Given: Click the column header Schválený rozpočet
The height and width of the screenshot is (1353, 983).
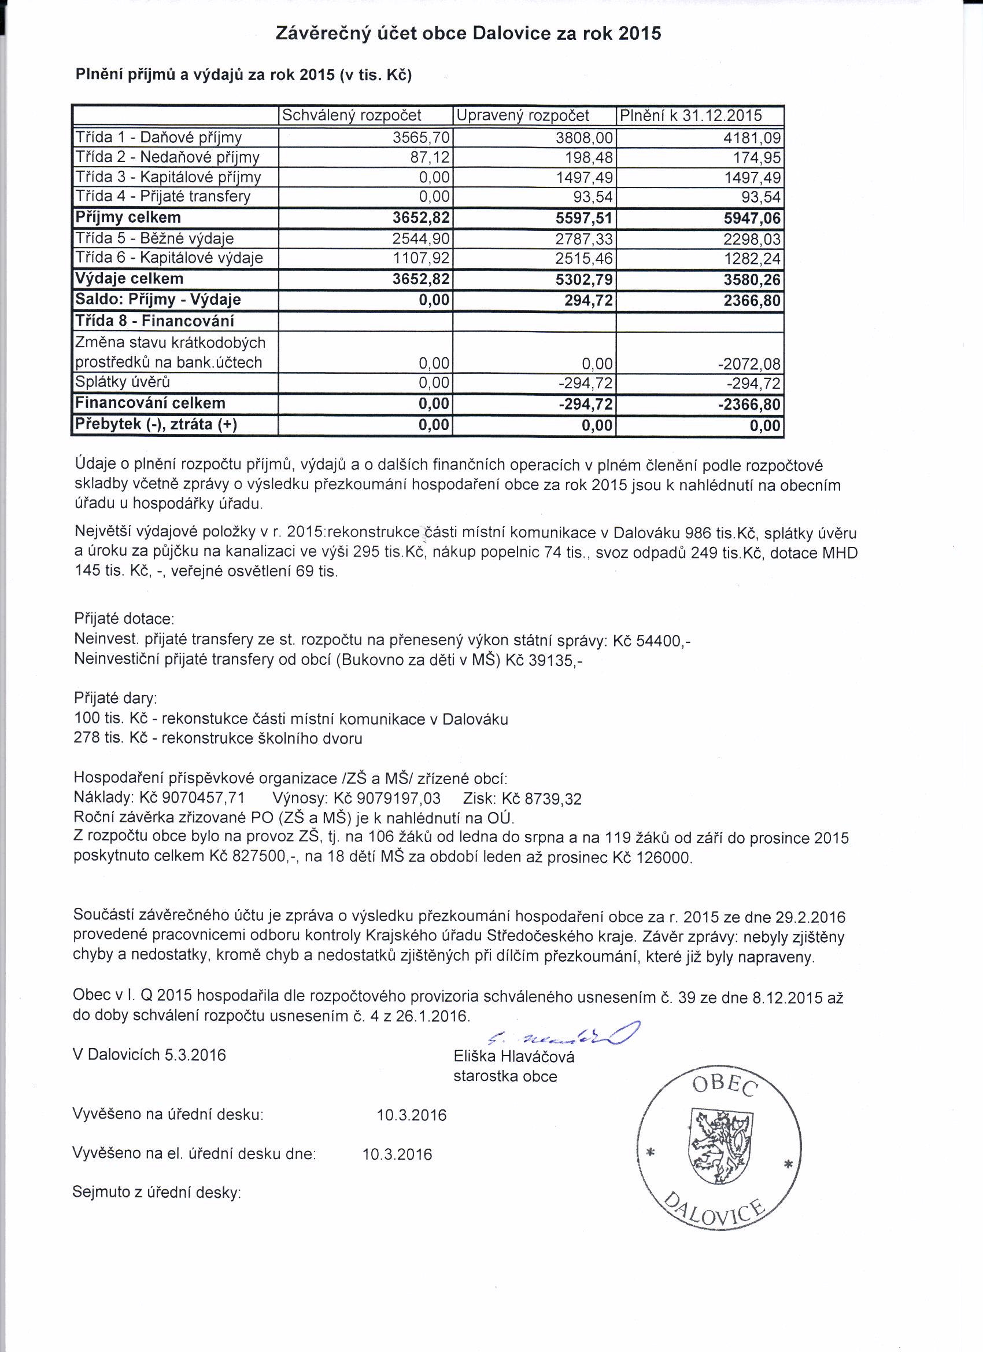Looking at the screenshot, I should coord(351,115).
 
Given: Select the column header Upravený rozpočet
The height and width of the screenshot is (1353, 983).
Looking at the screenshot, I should coord(522,115).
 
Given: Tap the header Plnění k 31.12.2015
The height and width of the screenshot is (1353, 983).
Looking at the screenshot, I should coord(691,115).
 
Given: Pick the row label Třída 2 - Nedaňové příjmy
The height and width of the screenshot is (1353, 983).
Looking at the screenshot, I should coord(167,157).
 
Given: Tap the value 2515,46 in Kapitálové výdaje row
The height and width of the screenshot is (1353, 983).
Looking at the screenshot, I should coord(585,259).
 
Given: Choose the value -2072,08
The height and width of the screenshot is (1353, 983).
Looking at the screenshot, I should coord(749,363).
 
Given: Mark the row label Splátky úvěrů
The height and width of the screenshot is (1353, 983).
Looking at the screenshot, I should coord(121,382).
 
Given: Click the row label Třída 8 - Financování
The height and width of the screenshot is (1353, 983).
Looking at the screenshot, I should coord(154,322).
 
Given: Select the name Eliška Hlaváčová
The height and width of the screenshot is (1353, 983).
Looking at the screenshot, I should coord(514,1057).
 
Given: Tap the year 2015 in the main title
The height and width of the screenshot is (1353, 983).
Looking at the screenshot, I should coord(640,34).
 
